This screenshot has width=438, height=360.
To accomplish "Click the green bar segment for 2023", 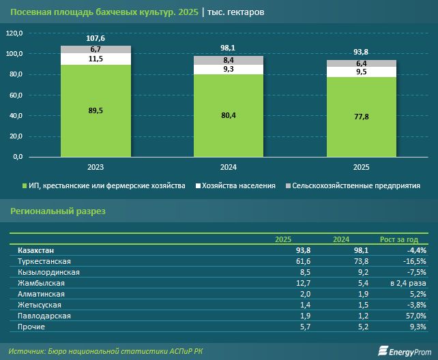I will pos(96,110).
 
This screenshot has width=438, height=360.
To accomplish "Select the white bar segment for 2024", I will pos(229,70).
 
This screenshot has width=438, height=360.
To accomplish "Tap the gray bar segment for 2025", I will pos(361,63).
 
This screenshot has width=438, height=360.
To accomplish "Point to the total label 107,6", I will pos(96,39).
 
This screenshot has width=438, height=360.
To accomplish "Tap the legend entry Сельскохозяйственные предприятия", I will pos(355,185).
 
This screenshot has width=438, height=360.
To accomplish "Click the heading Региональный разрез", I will pos(58,212).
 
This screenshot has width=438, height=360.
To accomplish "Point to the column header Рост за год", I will pos(403,239).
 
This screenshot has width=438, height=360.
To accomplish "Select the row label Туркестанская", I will pos(45,261).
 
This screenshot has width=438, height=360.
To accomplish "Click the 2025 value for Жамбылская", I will pos(303,283).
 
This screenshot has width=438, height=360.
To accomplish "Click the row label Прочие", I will pos(31,327).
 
